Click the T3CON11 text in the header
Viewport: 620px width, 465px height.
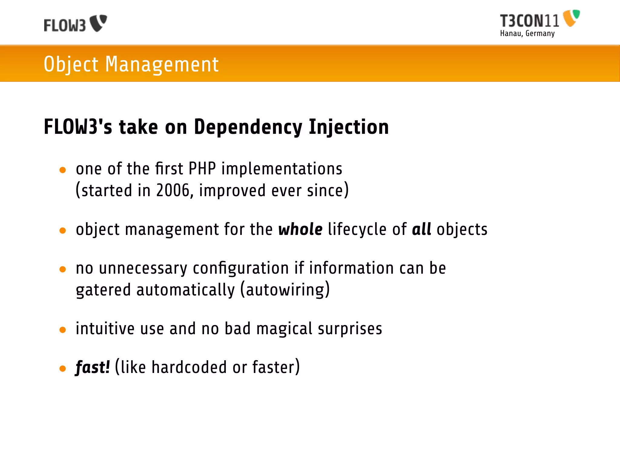tap(529, 21)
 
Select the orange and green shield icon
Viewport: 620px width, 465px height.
tap(571, 18)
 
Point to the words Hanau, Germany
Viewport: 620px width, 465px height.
tap(527, 33)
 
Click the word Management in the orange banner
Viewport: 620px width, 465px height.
tap(162, 64)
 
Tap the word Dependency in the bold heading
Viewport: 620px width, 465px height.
tap(248, 127)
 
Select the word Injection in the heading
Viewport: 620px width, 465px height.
tap(348, 127)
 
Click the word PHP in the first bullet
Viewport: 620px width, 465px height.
tap(202, 169)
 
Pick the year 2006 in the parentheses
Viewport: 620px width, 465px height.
tap(173, 190)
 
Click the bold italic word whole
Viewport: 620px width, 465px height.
tap(300, 229)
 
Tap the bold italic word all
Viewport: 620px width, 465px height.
tap(421, 229)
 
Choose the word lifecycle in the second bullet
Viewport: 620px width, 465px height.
tap(357, 229)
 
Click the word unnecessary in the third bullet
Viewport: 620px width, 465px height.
tap(143, 268)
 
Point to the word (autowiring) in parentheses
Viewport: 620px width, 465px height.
tap(285, 290)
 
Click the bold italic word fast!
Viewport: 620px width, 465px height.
tap(92, 367)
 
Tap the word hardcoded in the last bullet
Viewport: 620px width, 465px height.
tap(189, 367)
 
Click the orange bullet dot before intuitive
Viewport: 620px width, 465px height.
tap(63, 330)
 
